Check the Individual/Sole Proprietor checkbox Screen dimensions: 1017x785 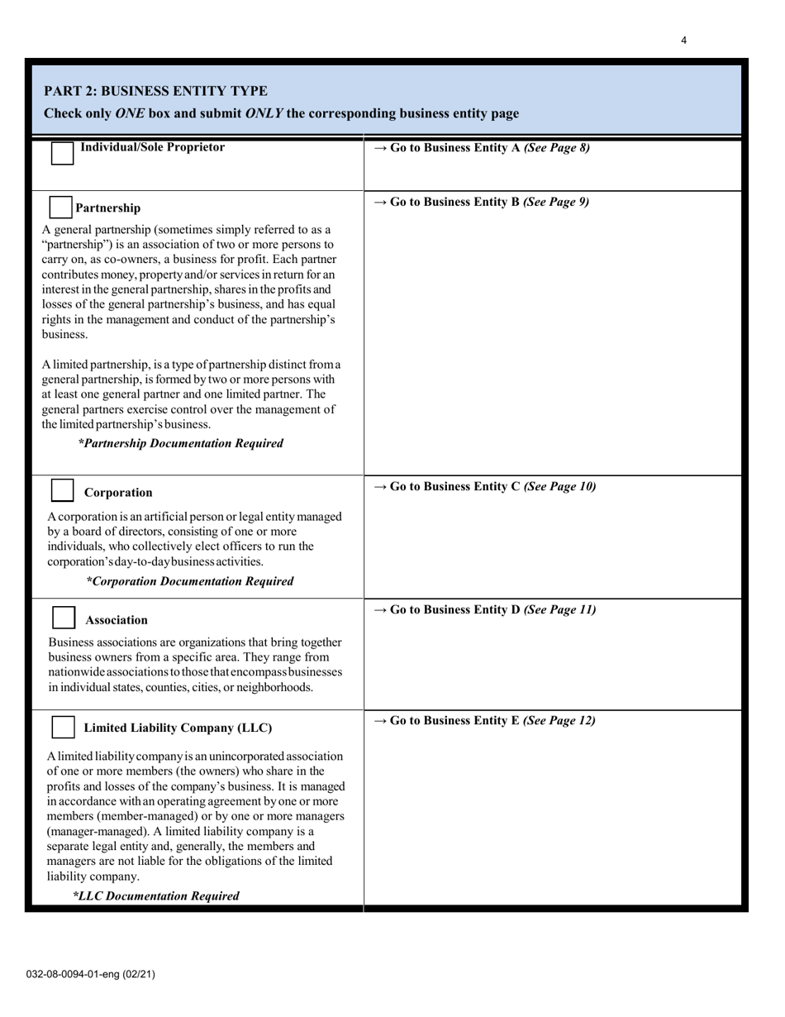point(63,153)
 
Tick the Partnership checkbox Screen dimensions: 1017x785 point(61,208)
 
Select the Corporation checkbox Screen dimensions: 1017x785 point(63,490)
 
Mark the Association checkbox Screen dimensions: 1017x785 point(64,618)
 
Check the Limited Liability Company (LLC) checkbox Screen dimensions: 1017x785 point(64,727)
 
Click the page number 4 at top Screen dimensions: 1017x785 point(684,40)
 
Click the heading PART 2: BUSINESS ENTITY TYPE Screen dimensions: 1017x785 point(155,91)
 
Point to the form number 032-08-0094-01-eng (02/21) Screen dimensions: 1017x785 point(90,974)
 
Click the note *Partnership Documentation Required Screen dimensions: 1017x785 point(181,443)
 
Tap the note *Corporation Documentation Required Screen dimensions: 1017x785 point(190,581)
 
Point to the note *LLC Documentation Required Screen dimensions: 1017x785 point(156,895)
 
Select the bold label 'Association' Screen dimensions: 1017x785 point(117,620)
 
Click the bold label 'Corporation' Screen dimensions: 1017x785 point(118,493)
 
